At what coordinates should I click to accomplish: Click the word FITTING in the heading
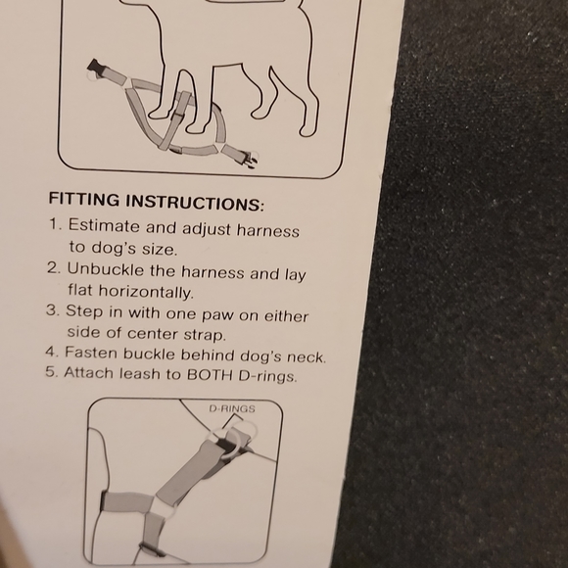(83, 199)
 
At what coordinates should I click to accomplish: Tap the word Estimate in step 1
(104, 225)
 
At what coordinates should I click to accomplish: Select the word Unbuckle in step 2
(105, 269)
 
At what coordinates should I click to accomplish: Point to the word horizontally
(146, 291)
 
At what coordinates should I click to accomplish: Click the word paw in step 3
(217, 315)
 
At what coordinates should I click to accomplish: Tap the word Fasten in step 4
(91, 353)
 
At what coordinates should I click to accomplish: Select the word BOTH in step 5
(210, 374)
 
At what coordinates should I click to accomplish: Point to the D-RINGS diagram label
(232, 409)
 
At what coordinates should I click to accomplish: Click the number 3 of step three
(52, 310)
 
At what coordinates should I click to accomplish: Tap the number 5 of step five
(51, 372)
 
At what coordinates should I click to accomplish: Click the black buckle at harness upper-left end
(96, 67)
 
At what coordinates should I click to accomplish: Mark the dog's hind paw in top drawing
(307, 131)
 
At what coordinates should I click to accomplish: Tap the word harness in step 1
(268, 230)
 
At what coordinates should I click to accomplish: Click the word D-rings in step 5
(267, 376)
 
